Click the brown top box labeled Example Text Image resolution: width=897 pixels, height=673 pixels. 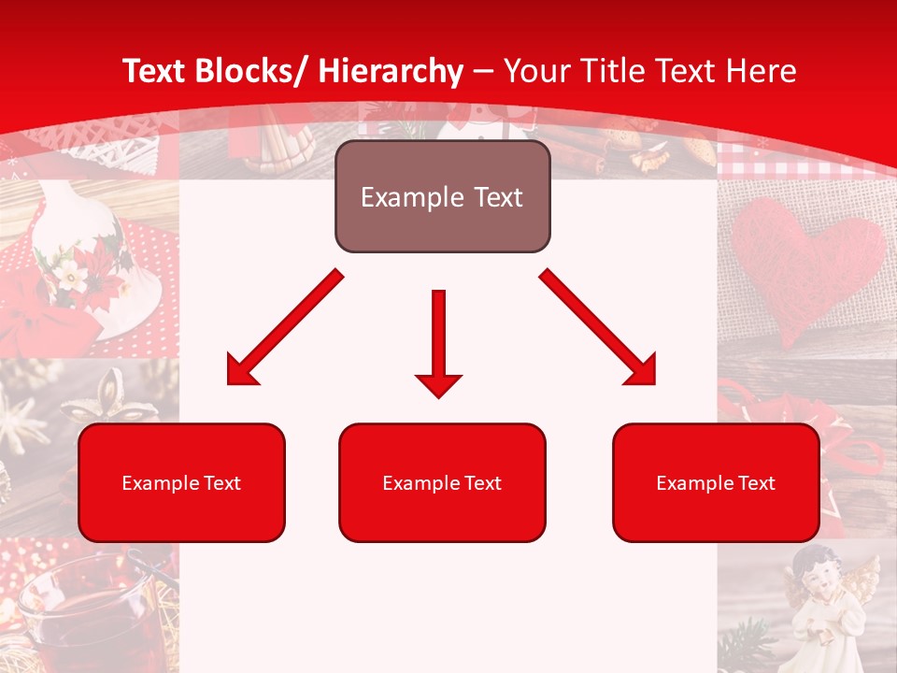(442, 197)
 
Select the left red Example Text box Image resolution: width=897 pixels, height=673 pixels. (181, 482)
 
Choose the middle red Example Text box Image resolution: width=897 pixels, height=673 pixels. (442, 482)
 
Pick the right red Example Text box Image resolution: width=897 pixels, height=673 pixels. (716, 482)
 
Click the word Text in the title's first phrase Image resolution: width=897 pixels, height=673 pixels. (155, 71)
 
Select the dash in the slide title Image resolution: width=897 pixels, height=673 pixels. (483, 71)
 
